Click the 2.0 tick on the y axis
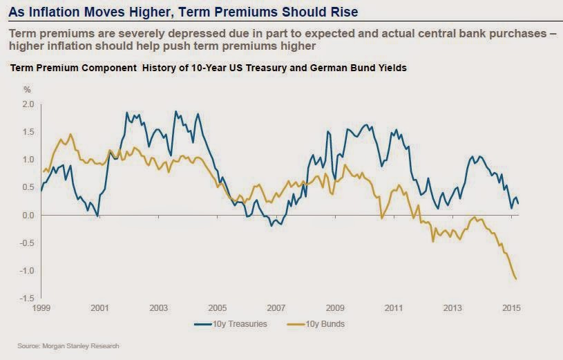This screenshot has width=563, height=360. pyautogui.click(x=28, y=104)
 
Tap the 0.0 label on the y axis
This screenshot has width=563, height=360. pyautogui.click(x=28, y=215)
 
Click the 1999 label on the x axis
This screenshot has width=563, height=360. pyautogui.click(x=40, y=307)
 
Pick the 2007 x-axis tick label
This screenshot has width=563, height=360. pyautogui.click(x=276, y=307)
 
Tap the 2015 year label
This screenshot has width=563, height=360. pyautogui.click(x=511, y=307)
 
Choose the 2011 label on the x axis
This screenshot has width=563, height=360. pyautogui.click(x=394, y=307)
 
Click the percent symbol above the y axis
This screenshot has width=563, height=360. pyautogui.click(x=28, y=90)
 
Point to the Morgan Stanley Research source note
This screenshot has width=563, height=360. pyautogui.click(x=64, y=346)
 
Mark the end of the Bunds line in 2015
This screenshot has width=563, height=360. pyautogui.click(x=517, y=278)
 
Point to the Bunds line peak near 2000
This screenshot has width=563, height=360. pyautogui.click(x=70, y=134)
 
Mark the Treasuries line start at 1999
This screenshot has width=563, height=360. pyautogui.click(x=41, y=191)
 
